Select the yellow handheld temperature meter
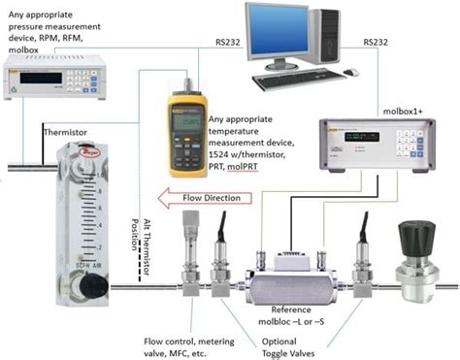tap(191, 126)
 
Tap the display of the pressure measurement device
tap(46, 75)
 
